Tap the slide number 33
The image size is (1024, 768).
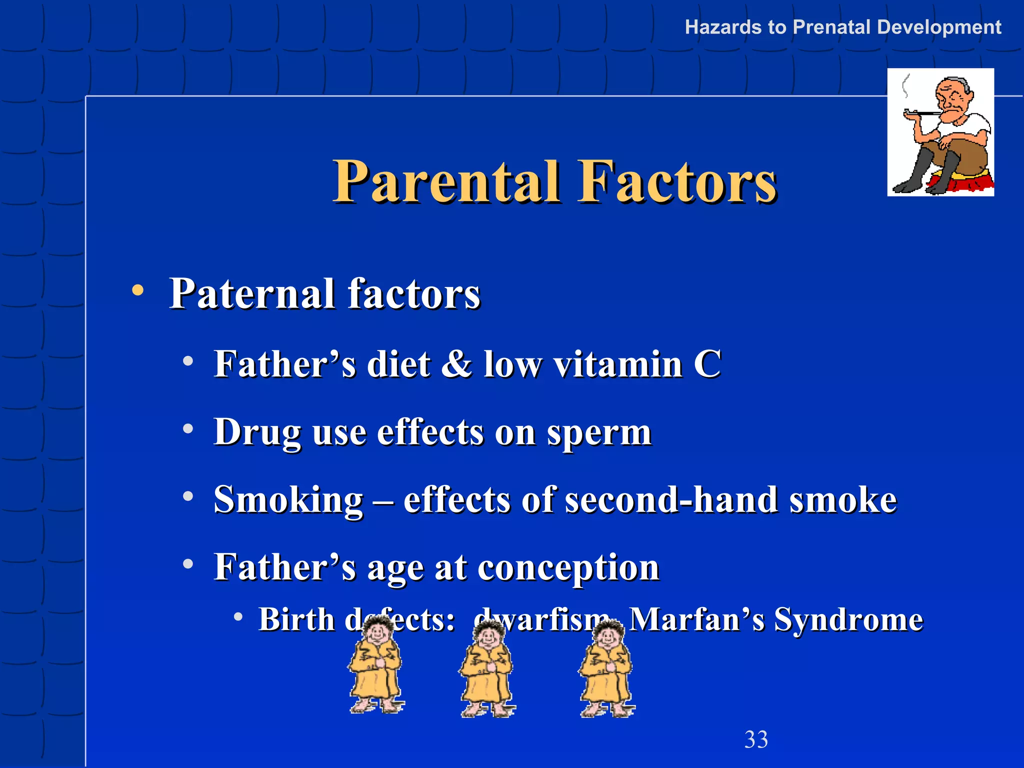pos(755,739)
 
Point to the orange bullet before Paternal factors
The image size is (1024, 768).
pos(138,290)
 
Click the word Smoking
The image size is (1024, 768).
pos(288,500)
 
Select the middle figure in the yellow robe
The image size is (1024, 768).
pos(486,670)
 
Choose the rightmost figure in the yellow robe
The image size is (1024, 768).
pos(606,670)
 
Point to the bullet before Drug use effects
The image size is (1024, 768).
pos(188,429)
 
